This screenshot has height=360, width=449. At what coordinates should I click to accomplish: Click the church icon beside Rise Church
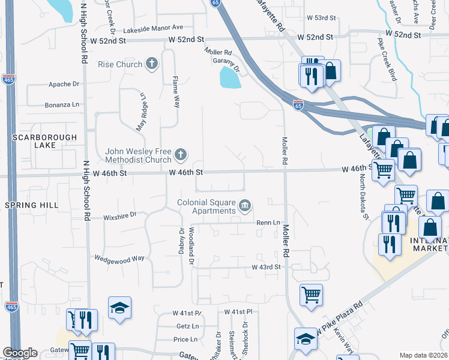click(152, 64)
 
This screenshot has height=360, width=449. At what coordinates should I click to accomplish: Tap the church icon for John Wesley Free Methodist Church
click(179, 156)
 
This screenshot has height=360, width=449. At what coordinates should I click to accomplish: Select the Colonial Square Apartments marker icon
click(245, 206)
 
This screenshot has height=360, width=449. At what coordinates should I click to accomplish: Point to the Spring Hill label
click(32, 205)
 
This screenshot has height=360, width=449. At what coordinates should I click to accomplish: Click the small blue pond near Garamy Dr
click(229, 77)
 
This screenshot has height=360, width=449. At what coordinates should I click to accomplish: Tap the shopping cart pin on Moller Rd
click(311, 295)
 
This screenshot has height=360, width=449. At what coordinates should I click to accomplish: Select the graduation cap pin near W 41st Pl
click(120, 308)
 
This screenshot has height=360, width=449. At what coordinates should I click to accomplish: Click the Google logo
click(20, 353)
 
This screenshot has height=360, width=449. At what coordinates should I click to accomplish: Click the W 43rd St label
click(266, 266)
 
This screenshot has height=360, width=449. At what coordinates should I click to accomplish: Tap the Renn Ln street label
click(268, 223)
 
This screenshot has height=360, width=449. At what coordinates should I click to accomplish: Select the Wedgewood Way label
click(119, 258)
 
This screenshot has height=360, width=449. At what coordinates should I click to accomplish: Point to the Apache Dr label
click(64, 85)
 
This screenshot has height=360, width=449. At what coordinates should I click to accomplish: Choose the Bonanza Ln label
click(62, 105)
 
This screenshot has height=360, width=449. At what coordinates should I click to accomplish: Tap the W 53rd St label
click(319, 18)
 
